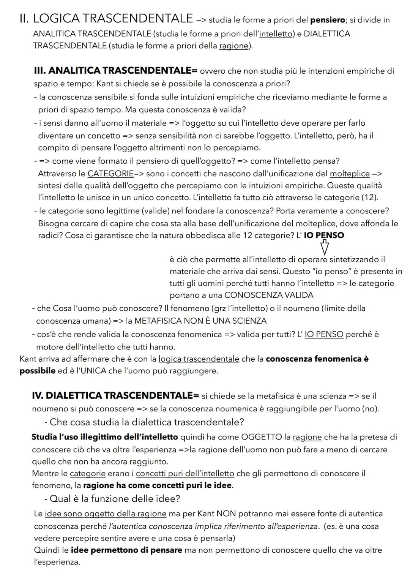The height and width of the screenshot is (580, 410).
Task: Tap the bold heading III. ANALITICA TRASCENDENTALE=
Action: [x=116, y=71]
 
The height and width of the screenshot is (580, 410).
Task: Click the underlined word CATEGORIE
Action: [x=110, y=174]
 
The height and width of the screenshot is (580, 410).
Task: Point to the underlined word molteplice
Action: [x=350, y=174]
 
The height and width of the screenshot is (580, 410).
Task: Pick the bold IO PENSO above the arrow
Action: [x=324, y=235]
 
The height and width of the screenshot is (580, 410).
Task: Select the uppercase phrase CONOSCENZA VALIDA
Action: [x=269, y=295]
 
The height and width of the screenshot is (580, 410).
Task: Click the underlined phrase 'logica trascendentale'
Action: [x=199, y=359]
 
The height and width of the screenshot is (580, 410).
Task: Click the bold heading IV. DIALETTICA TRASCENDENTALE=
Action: [x=115, y=396]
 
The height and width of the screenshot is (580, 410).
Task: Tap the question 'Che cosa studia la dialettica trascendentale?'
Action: [x=147, y=422]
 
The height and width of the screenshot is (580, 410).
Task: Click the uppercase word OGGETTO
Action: [x=262, y=437]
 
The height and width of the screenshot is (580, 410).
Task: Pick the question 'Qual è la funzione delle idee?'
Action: [x=115, y=499]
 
